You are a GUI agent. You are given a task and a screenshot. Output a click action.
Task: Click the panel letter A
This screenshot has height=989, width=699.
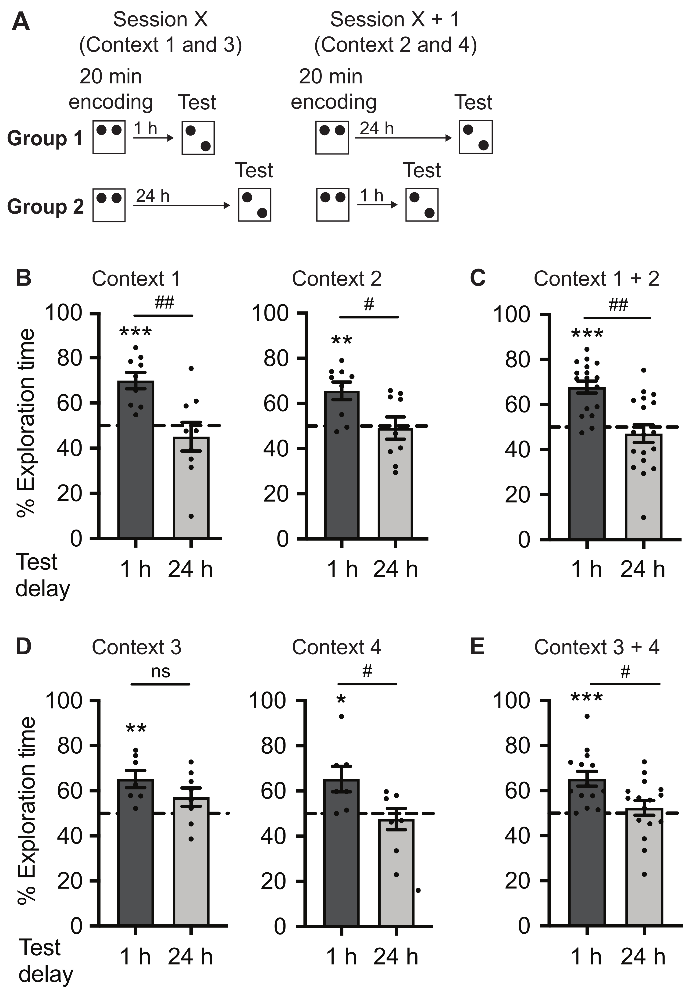pos(21,21)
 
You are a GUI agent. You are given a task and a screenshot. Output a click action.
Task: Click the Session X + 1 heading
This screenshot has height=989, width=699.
pos(395,19)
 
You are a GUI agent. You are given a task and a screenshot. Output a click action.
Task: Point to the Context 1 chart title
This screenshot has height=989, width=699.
pos(136,279)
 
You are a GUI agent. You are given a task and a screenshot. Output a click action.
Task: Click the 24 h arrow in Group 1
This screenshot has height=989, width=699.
pos(403,138)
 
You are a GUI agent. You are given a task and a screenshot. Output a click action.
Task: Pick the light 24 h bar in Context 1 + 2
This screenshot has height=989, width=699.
pos(643,486)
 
